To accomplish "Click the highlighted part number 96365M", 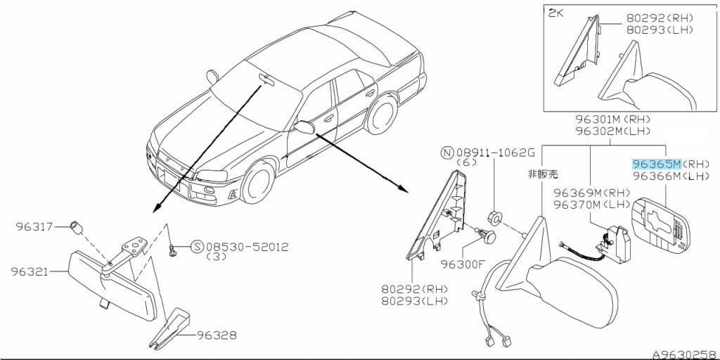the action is pyautogui.click(x=657, y=164).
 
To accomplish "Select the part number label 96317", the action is pyautogui.click(x=34, y=226).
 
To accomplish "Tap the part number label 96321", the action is pyautogui.click(x=30, y=272).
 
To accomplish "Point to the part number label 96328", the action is pyautogui.click(x=217, y=335).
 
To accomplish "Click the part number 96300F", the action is pyautogui.click(x=463, y=264).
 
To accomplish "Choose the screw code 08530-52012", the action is pyautogui.click(x=247, y=247).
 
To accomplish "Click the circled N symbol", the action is pyautogui.click(x=446, y=153).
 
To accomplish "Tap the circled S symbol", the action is pyautogui.click(x=197, y=247).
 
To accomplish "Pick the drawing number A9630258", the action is pyautogui.click(x=686, y=354).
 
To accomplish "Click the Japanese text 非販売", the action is pyautogui.click(x=544, y=174).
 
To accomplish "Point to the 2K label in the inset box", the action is pyautogui.click(x=557, y=13).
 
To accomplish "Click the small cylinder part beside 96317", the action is pyautogui.click(x=76, y=227).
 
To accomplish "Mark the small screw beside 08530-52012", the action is pyautogui.click(x=173, y=251).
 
